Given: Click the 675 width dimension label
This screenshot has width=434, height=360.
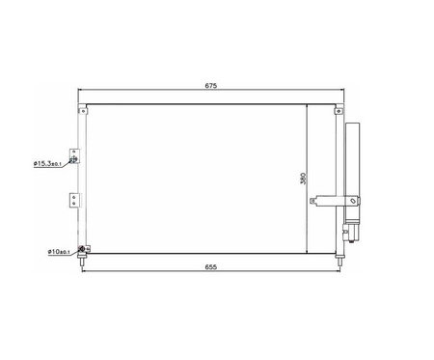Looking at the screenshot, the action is [x=211, y=86].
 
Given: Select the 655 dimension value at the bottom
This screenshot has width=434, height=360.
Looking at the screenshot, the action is [x=211, y=267].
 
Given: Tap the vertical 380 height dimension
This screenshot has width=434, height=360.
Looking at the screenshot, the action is [x=303, y=179].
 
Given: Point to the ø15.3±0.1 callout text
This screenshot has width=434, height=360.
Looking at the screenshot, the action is [x=47, y=164].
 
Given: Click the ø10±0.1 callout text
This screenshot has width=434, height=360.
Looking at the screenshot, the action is [x=59, y=252].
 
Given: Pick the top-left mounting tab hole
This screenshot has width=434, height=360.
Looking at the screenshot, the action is [x=83, y=111].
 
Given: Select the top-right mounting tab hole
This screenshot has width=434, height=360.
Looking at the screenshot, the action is [x=339, y=111].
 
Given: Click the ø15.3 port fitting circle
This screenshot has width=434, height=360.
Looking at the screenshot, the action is [x=74, y=159].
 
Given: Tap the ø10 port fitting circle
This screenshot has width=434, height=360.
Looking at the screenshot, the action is [x=82, y=249].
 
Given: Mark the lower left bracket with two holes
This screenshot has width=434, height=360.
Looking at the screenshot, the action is [x=74, y=200].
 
